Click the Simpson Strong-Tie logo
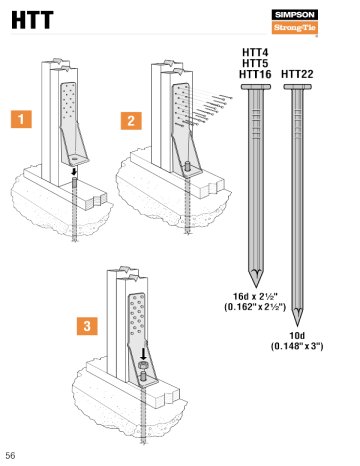(294, 21)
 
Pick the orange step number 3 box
(89, 325)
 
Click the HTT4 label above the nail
(254, 52)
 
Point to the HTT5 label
(254, 63)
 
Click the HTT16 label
(256, 74)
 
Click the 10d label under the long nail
(297, 335)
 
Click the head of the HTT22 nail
(298, 88)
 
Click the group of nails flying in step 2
(211, 102)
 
